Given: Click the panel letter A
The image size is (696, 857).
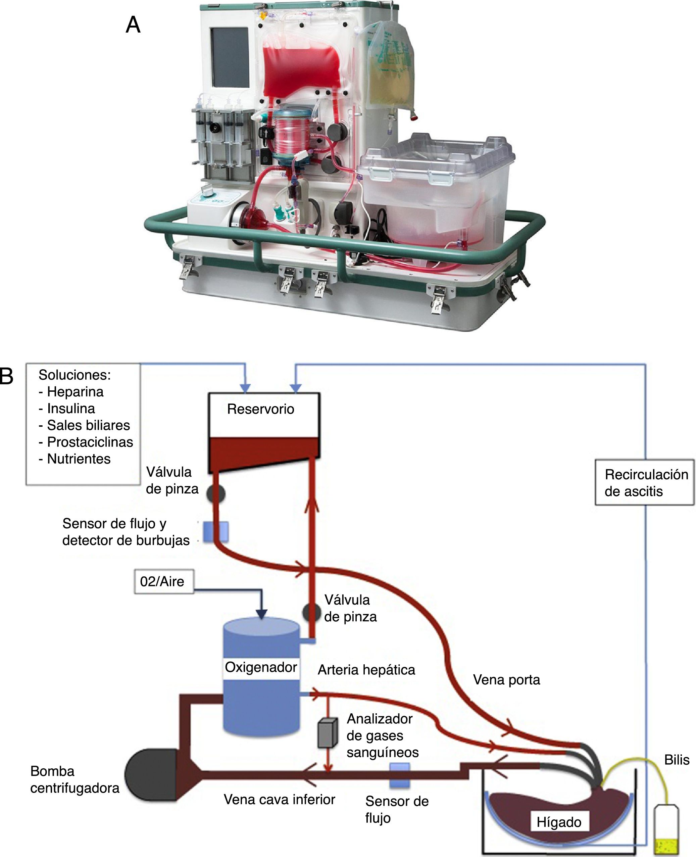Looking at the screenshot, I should [x=133, y=25].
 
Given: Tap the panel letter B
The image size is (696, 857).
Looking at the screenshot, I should [x=6, y=376].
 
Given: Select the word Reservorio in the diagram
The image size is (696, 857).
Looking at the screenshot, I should [x=261, y=409].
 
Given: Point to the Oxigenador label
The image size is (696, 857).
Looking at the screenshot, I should [x=261, y=667].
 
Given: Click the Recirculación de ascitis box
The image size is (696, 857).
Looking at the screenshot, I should [x=644, y=482].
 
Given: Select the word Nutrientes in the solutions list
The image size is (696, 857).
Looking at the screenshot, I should [x=79, y=459].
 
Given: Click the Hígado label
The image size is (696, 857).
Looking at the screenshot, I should [x=559, y=822].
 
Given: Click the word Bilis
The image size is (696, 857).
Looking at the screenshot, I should [x=677, y=760].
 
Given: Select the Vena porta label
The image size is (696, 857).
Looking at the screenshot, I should [x=506, y=680].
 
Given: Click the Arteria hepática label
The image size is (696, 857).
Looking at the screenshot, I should [x=366, y=670].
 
